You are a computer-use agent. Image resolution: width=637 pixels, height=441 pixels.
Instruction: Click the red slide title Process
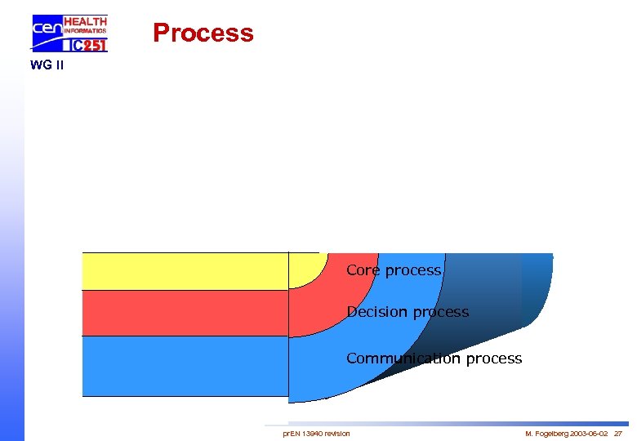click(203, 33)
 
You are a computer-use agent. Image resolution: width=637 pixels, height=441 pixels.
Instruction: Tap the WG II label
click(47, 65)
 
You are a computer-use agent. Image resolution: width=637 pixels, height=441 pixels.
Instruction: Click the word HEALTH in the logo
click(85, 21)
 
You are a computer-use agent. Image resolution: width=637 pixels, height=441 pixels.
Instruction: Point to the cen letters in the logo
click(47, 30)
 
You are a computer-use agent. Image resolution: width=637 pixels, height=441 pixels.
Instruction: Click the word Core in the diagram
click(363, 270)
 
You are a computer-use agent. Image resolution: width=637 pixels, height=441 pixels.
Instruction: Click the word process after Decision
click(441, 312)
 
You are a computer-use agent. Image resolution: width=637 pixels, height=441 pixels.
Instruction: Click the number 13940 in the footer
click(312, 433)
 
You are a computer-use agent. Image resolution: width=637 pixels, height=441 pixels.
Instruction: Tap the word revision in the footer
click(337, 433)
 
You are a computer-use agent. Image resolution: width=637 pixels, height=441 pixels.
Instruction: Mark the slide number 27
click(617, 433)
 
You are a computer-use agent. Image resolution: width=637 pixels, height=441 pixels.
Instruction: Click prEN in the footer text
click(290, 433)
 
